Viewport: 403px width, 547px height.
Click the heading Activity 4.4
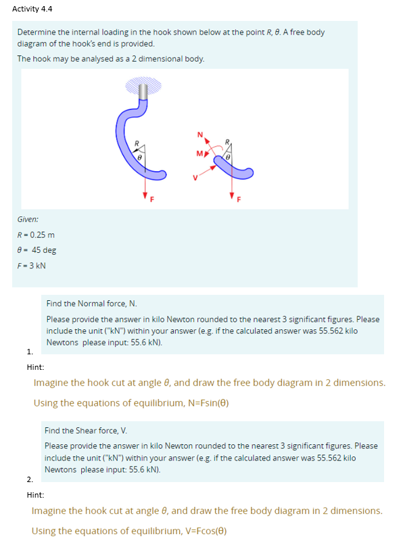(32, 9)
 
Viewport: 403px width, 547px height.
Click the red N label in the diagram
(199, 133)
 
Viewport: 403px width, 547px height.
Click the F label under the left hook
(151, 199)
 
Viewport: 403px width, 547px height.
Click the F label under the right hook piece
(238, 199)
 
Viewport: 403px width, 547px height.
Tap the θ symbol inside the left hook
(139, 155)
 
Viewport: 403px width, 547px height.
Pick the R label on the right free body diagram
(228, 143)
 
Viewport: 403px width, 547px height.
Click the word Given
(28, 220)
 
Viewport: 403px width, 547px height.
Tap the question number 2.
(29, 479)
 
